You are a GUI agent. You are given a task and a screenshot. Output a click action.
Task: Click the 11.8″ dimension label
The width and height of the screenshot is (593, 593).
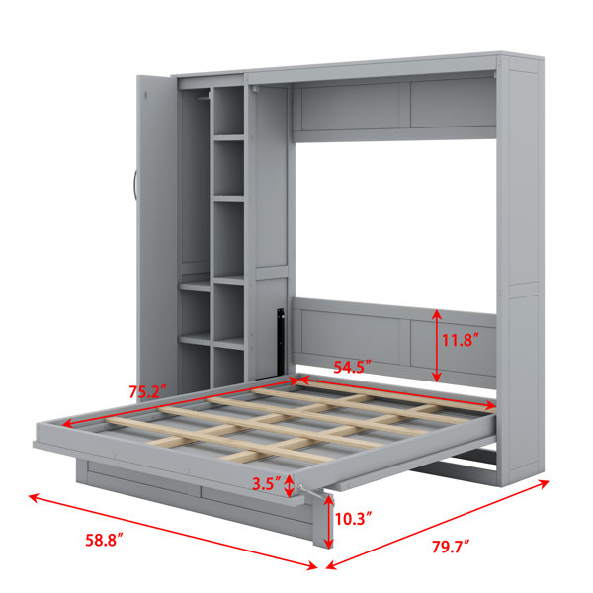pyautogui.click(x=461, y=340)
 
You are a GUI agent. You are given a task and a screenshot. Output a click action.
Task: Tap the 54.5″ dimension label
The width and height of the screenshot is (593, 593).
pyautogui.click(x=352, y=367)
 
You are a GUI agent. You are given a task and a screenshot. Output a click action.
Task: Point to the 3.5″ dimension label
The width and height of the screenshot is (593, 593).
pyautogui.click(x=267, y=483)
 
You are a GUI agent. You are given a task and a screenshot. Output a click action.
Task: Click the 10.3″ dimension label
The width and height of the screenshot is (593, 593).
pyautogui.click(x=353, y=519)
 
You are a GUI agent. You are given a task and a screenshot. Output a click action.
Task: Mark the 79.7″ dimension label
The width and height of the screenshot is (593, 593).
pyautogui.click(x=451, y=548)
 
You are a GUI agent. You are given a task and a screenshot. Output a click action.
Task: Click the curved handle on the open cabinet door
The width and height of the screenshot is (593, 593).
pyautogui.click(x=135, y=186)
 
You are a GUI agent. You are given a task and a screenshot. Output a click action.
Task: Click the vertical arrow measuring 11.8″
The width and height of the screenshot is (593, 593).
pyautogui.click(x=437, y=346)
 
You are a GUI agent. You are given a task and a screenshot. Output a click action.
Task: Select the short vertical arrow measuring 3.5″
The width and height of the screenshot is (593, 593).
pyautogui.click(x=289, y=485)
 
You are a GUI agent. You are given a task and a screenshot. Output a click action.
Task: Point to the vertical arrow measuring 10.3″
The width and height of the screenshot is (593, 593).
pyautogui.click(x=329, y=521)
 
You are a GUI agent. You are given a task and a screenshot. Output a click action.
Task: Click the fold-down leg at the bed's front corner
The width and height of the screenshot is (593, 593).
pyautogui.click(x=322, y=520)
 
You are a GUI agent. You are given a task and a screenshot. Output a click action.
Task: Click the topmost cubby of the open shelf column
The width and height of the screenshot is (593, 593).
pyautogui.click(x=229, y=111)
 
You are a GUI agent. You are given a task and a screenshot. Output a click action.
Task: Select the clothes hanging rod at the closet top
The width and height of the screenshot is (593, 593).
pyautogui.click(x=204, y=98)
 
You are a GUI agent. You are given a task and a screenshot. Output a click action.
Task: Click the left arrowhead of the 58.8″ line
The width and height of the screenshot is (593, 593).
pyautogui.click(x=34, y=497)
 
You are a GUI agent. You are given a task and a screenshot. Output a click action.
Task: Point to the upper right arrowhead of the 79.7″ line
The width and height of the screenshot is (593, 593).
pyautogui.click(x=544, y=483)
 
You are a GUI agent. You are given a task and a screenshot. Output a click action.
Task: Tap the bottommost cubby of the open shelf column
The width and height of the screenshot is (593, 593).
pyautogui.click(x=229, y=367)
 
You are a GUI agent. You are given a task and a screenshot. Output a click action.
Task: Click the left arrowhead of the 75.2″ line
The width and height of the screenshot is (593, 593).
pyautogui.click(x=67, y=424)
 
